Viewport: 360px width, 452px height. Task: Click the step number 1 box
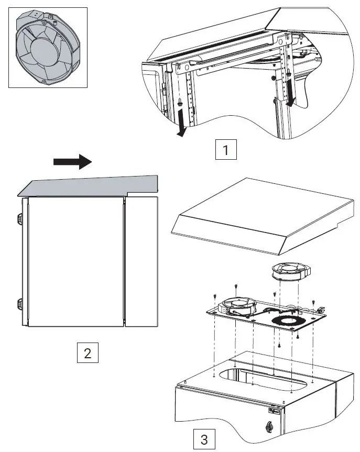[x=226, y=150]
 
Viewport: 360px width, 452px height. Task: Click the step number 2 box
[x=87, y=352]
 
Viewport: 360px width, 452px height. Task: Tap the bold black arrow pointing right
[x=73, y=162]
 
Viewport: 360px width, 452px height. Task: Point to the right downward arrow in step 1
[x=291, y=95]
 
